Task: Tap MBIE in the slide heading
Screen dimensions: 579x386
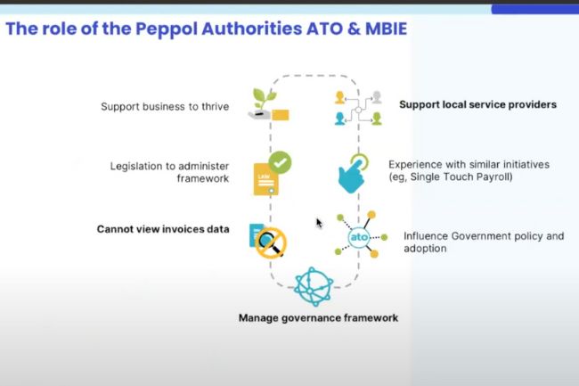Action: [386, 29]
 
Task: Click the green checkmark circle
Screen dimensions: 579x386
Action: [280, 162]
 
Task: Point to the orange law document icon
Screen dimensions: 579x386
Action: [265, 179]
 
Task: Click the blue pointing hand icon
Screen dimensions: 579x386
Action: [353, 174]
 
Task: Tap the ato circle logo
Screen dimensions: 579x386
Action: [359, 237]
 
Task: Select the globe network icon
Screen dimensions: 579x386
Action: [314, 287]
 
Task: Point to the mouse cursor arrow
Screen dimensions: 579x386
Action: [319, 223]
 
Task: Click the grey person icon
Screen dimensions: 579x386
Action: [377, 97]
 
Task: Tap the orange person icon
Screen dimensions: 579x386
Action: [339, 97]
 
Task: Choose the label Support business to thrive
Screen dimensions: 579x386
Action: [165, 107]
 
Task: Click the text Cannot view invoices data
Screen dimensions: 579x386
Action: [163, 229]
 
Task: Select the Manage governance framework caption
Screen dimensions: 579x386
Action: [318, 318]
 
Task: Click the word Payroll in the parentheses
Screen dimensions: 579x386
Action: [493, 177]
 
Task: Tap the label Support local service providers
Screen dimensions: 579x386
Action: [477, 105]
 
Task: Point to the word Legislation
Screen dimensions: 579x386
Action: [138, 167]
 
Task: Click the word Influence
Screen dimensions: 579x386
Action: [426, 236]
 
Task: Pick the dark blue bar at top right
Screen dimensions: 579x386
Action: [535, 9]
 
